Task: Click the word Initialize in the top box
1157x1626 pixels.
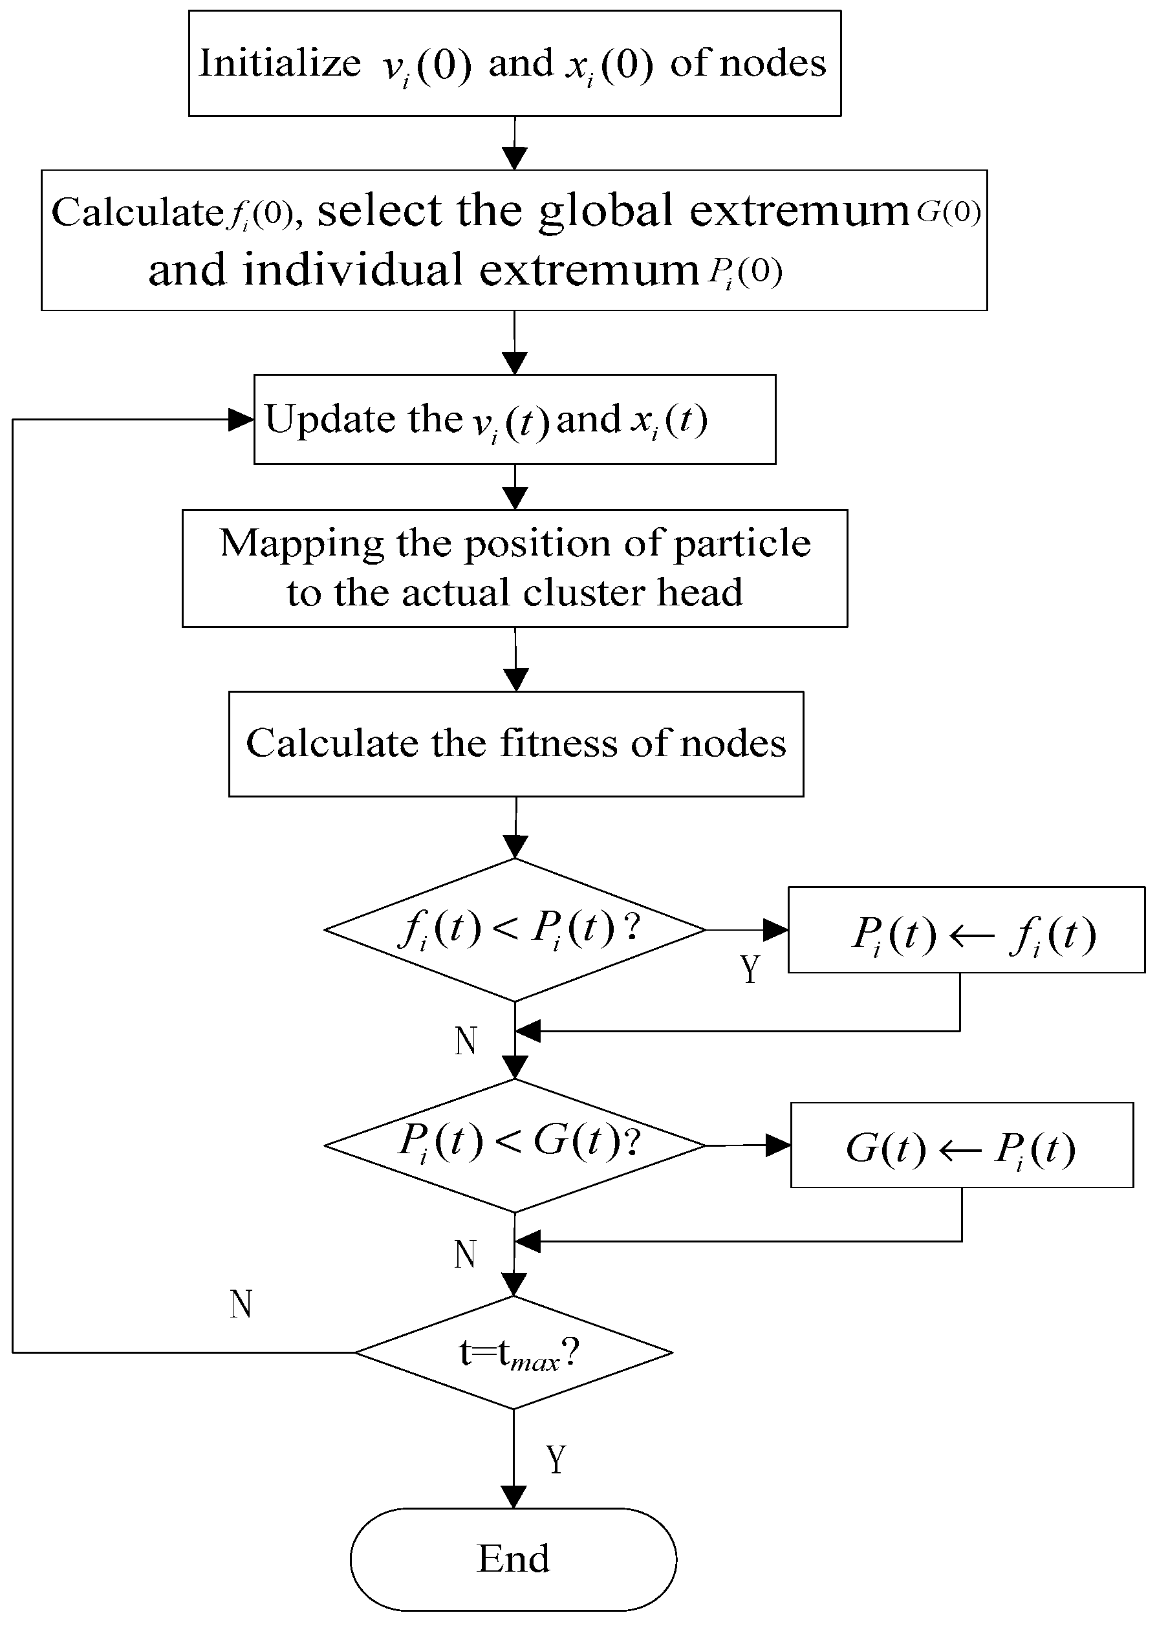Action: point(280,63)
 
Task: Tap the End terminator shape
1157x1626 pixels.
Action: point(513,1559)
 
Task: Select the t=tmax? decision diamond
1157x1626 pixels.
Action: point(514,1352)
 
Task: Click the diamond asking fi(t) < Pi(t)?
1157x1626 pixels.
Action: point(514,930)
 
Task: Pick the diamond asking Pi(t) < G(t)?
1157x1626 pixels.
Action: point(514,1145)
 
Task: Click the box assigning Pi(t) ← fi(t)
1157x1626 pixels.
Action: point(966,931)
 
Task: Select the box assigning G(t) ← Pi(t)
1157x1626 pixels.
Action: point(961,1145)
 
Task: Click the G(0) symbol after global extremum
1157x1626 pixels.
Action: point(948,211)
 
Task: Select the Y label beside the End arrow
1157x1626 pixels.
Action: point(556,1460)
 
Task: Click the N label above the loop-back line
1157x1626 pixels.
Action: point(241,1304)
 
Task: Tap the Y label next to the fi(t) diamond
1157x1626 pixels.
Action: point(750,969)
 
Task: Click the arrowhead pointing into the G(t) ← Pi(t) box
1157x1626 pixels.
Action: point(778,1145)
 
